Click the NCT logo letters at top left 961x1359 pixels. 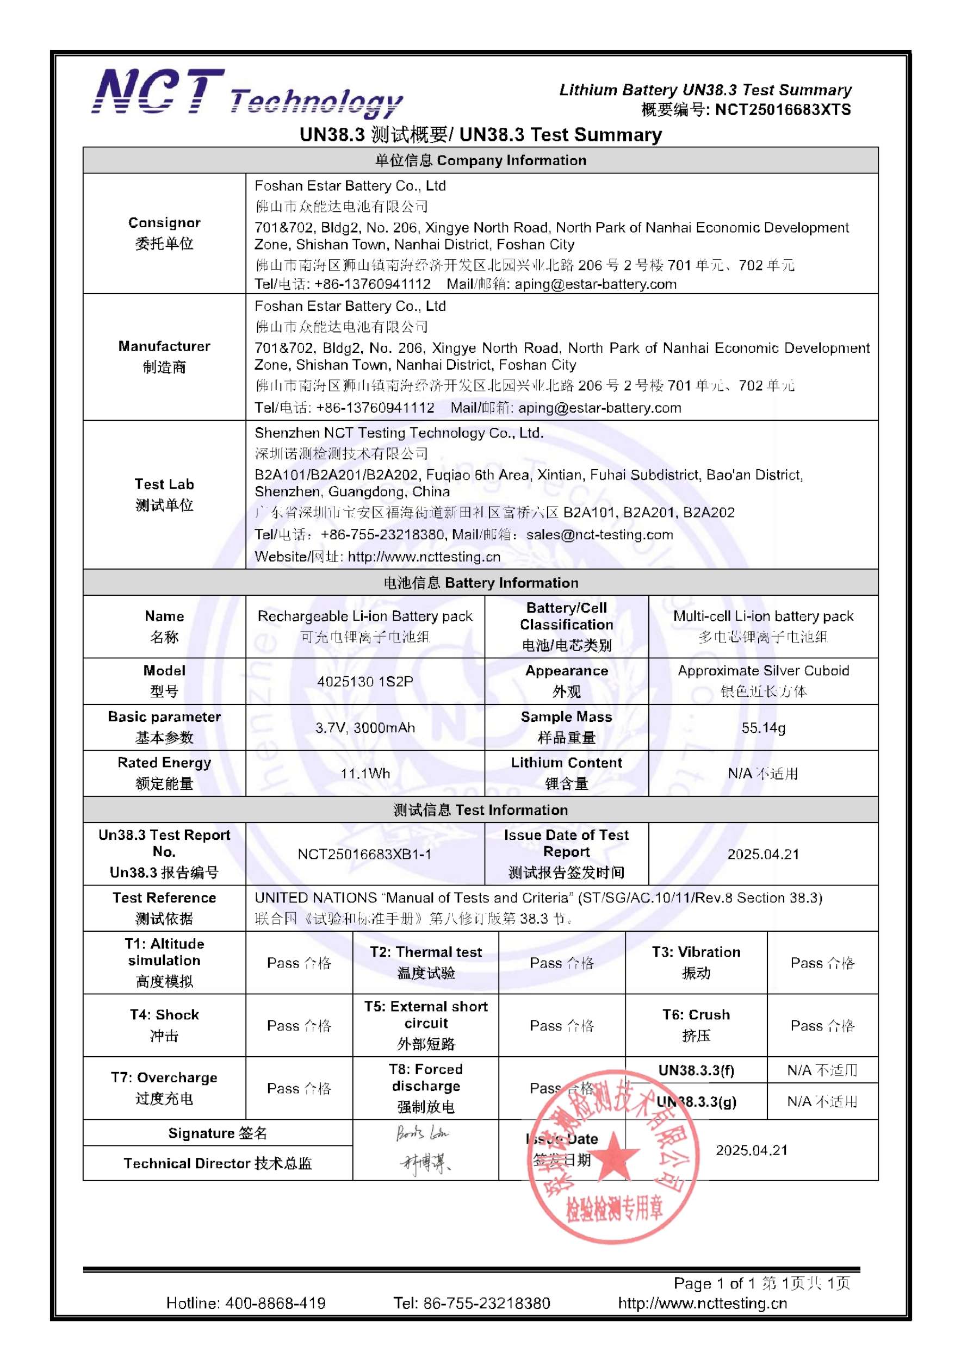(159, 91)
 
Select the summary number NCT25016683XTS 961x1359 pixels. (782, 110)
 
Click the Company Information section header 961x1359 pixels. (480, 160)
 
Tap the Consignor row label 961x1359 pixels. (164, 233)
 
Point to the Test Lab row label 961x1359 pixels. (164, 494)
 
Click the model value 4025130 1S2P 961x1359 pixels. (365, 681)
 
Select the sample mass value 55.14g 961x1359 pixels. (762, 727)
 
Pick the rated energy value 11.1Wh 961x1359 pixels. (365, 774)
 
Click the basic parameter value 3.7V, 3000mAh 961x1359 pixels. (365, 727)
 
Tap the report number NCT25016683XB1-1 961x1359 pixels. (365, 854)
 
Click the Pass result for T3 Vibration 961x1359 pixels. (822, 963)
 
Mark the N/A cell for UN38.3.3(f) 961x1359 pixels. (822, 1070)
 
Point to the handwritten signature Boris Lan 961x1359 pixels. (422, 1133)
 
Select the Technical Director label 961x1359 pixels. (218, 1164)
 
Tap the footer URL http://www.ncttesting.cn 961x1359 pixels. (702, 1304)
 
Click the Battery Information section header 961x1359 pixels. (480, 582)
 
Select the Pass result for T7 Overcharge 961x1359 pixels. (299, 1088)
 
